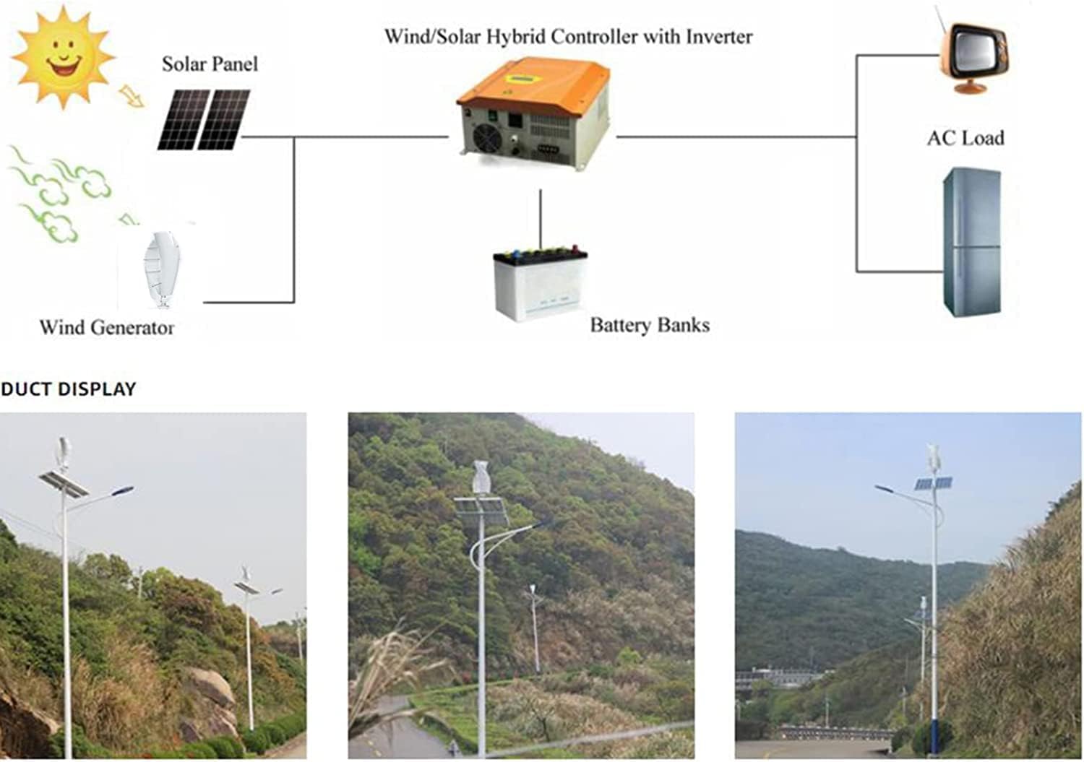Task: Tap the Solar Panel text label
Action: [x=210, y=64]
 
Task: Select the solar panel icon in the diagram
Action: [x=205, y=120]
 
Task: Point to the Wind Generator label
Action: [x=106, y=327]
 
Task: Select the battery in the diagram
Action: [x=540, y=282]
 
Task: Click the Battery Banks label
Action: [x=649, y=325]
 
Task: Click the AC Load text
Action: [x=965, y=138]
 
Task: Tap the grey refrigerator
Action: [x=972, y=242]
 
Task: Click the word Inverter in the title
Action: [x=718, y=37]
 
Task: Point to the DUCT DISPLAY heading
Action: [x=68, y=389]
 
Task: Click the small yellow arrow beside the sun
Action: [x=132, y=95]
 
